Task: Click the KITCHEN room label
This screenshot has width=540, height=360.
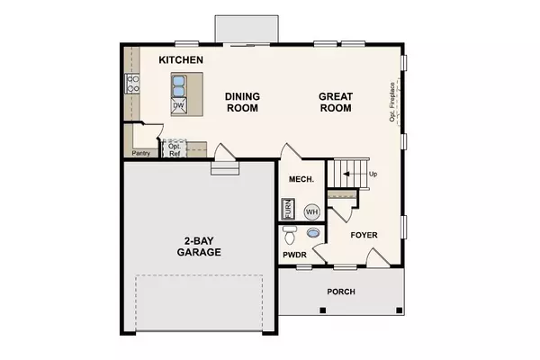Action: click(x=181, y=59)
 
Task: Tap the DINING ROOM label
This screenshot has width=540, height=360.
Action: click(x=242, y=102)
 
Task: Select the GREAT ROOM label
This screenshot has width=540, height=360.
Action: click(x=335, y=102)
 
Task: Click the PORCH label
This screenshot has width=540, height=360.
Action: click(x=341, y=292)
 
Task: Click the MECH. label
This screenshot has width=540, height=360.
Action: click(x=301, y=179)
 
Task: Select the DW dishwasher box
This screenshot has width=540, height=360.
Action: click(x=178, y=105)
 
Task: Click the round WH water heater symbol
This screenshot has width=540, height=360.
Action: click(x=311, y=211)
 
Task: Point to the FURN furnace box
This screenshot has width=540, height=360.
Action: click(x=289, y=210)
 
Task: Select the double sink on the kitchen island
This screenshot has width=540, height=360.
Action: click(x=178, y=86)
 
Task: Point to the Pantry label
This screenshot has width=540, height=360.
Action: click(x=140, y=153)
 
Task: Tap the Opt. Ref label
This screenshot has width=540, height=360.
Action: click(x=175, y=149)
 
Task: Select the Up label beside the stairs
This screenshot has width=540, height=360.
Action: click(x=372, y=174)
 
